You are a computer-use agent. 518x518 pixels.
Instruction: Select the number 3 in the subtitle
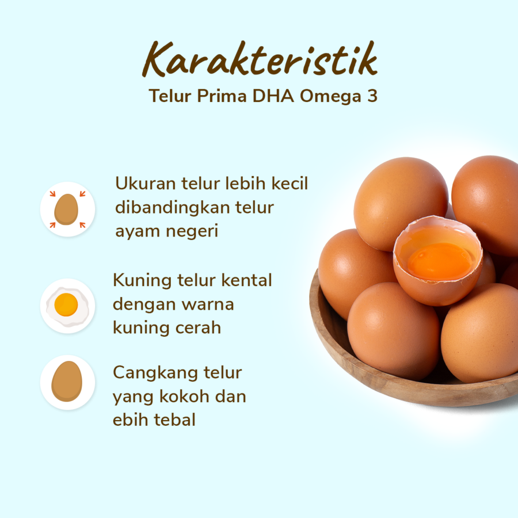(x=372, y=96)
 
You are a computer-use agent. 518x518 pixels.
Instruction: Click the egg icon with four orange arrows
(x=67, y=209)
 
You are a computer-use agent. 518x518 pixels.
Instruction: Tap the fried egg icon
(x=67, y=306)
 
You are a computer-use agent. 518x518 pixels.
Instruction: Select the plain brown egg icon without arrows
(x=67, y=382)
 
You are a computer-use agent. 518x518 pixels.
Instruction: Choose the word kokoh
(x=186, y=397)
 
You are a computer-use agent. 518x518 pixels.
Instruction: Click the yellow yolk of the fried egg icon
(x=66, y=304)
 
